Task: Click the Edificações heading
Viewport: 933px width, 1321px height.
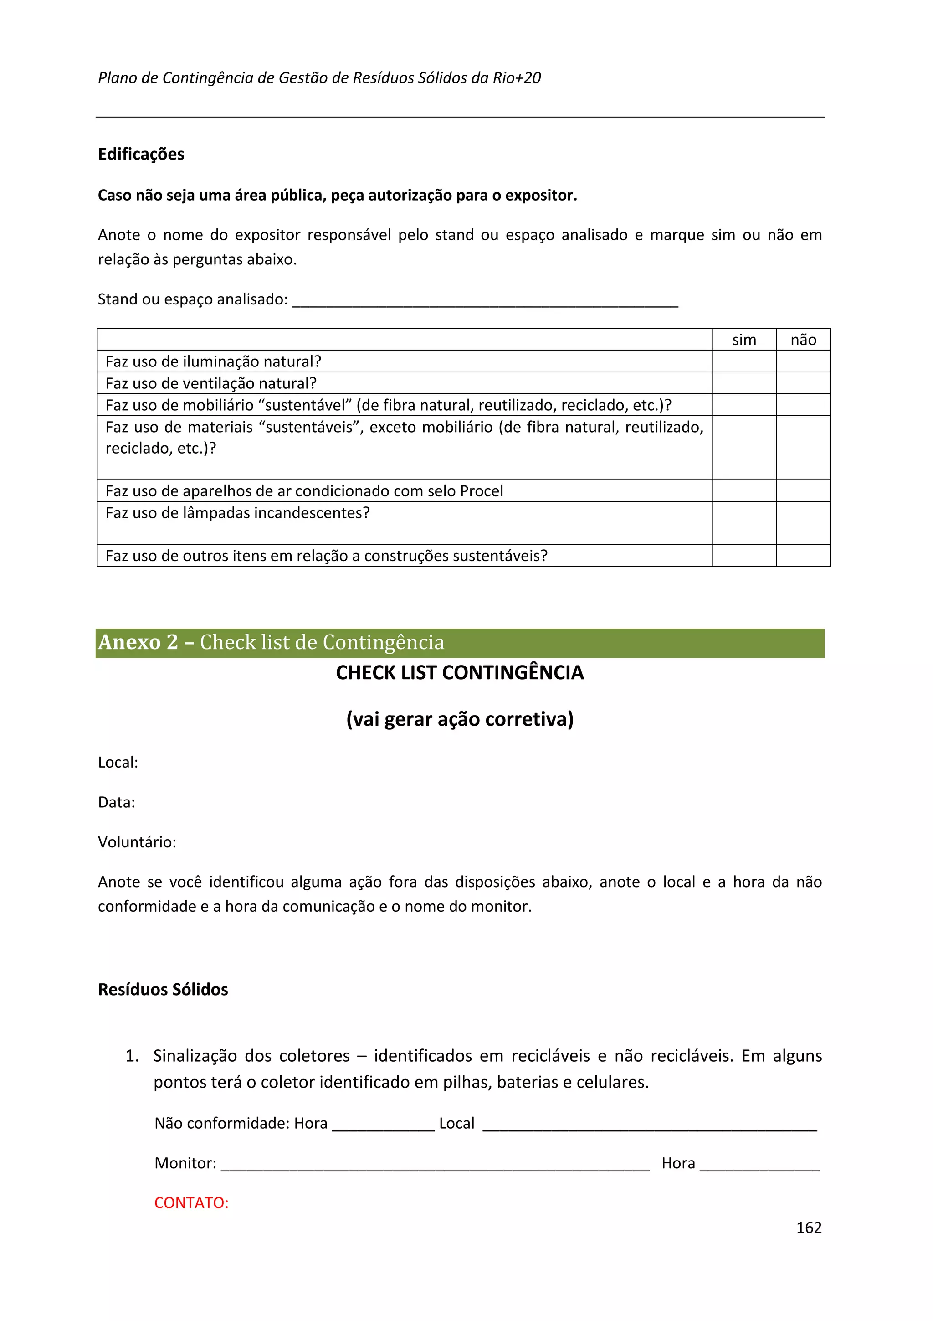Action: tap(141, 154)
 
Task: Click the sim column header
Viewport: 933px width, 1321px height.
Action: tap(744, 340)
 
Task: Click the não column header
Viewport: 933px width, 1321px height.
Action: tap(803, 340)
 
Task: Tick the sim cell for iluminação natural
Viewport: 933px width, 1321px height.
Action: tap(744, 361)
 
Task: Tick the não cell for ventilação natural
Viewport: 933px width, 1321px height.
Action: tap(803, 383)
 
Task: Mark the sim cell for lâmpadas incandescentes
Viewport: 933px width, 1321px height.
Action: tap(744, 523)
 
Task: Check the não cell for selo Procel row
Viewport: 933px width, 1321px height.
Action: tap(803, 491)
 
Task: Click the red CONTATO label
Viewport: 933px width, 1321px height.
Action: tap(191, 1202)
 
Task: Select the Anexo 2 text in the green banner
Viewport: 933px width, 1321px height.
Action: tap(138, 642)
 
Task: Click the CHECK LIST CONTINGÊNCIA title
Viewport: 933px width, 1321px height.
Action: tap(459, 673)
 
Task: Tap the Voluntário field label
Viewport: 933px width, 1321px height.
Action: tap(137, 842)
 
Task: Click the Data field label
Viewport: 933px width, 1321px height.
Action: tap(117, 802)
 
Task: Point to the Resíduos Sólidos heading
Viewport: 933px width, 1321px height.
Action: tap(163, 989)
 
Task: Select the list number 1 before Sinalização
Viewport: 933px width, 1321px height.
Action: tap(132, 1056)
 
